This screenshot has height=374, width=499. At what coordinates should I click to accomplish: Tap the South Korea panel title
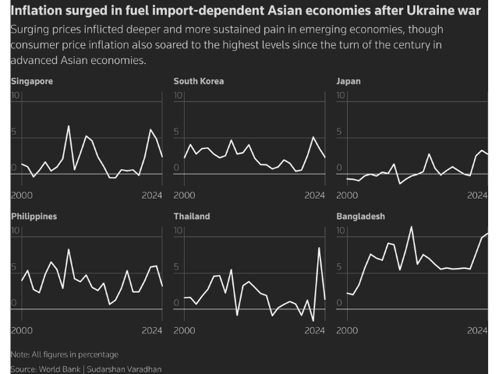(198, 81)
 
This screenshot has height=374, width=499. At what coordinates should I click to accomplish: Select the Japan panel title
(349, 81)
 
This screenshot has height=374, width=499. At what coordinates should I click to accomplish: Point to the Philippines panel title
(34, 216)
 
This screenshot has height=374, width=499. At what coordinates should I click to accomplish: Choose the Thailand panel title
(192, 216)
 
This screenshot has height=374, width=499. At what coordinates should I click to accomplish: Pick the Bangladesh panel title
(360, 216)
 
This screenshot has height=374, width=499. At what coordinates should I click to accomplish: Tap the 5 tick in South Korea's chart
(177, 132)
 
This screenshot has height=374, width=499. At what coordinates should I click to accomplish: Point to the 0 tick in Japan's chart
(339, 168)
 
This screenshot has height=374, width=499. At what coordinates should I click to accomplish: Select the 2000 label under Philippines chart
(21, 330)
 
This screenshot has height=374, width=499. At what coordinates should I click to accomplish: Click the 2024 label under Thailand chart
(313, 330)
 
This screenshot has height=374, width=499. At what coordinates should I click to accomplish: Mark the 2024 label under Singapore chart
(151, 196)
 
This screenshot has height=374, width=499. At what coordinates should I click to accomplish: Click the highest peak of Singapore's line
(68, 126)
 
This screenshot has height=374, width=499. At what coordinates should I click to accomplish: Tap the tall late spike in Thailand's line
(319, 248)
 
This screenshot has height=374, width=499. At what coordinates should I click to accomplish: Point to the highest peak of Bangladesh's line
(412, 227)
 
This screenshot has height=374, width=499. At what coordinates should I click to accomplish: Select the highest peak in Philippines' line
(69, 249)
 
